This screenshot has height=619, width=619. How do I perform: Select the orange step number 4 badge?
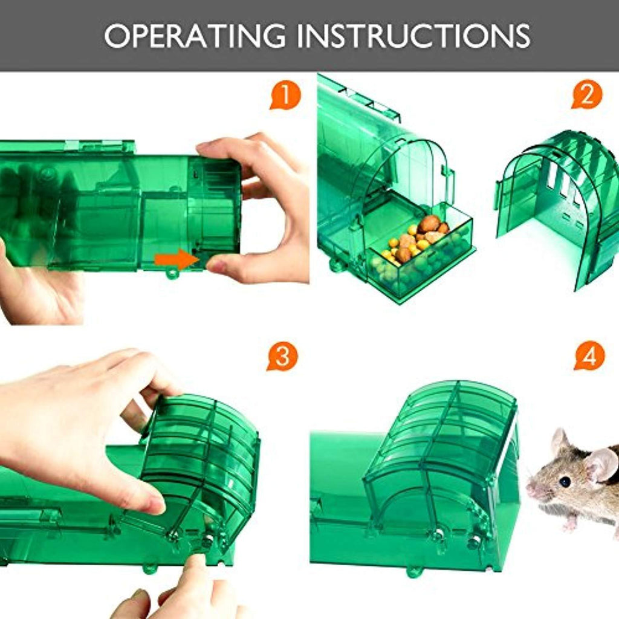[x=589, y=357]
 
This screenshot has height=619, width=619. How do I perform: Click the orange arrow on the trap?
[x=176, y=260]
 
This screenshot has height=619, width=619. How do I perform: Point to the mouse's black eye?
[x=565, y=481]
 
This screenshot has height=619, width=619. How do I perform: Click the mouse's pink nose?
[x=530, y=488]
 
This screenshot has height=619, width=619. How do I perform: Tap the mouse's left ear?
[x=560, y=443]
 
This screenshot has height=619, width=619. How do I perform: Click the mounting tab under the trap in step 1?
[x=172, y=273]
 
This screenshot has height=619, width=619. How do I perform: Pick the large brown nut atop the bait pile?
[x=429, y=224]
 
